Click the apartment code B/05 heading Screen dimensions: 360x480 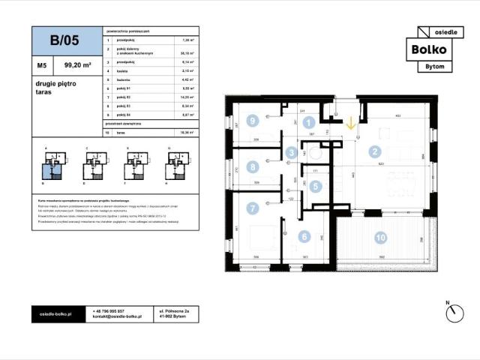click(66, 41)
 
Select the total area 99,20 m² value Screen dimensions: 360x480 click(77, 65)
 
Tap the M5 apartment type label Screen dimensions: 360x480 click(42, 65)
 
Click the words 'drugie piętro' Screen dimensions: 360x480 click(52, 86)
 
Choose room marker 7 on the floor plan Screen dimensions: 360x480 click(253, 208)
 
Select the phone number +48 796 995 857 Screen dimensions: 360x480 click(109, 310)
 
